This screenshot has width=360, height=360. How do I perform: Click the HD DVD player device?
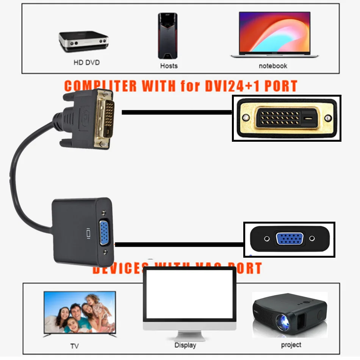[83, 41]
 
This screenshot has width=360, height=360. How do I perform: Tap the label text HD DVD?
[86, 62]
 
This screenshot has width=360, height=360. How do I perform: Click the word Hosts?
[169, 66]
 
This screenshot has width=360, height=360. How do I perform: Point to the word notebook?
[273, 66]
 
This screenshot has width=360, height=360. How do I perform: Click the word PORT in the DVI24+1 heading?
[280, 86]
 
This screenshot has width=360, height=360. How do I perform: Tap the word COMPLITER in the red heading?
[100, 86]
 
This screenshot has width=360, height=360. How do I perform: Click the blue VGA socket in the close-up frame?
[290, 239]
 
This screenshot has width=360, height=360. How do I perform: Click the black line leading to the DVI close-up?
[177, 112]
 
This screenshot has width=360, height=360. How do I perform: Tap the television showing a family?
[80, 313]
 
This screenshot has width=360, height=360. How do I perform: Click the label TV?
[74, 346]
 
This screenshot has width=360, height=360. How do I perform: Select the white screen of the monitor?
[189, 293]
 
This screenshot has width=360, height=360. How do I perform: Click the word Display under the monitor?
[185, 345]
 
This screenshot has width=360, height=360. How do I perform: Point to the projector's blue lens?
[283, 321]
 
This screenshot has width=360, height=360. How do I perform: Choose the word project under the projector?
[291, 345]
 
